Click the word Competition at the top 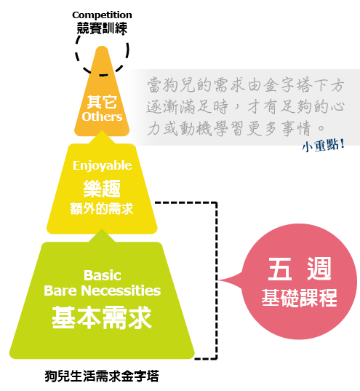[x=102, y=15]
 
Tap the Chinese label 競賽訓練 [x=102, y=28]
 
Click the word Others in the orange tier [x=102, y=116]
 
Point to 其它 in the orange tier [x=102, y=102]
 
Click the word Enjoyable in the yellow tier [x=102, y=166]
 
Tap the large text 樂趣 [x=102, y=189]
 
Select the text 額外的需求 [x=102, y=208]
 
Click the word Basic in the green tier [x=103, y=275]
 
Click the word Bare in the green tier [x=60, y=291]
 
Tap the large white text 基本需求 [x=102, y=317]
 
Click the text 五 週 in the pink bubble [x=300, y=269]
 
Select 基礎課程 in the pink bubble [x=299, y=298]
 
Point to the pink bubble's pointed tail [x=220, y=280]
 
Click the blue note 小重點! [x=323, y=145]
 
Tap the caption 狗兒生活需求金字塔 [x=102, y=376]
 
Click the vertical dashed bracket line [x=217, y=280]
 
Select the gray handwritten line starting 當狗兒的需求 [x=245, y=84]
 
